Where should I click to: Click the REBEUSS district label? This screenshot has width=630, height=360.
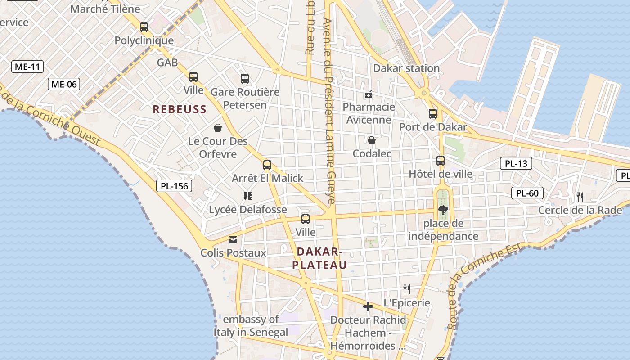coord(180,109)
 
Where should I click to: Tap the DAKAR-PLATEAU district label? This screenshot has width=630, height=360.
coord(319,258)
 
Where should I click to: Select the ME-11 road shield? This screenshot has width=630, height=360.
coord(27,67)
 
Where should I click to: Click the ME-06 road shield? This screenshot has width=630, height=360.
coord(64,84)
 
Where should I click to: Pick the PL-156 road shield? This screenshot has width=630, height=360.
coord(175,185)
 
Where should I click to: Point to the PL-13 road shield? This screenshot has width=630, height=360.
coord(516,164)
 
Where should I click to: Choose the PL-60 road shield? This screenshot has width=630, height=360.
coord(527,193)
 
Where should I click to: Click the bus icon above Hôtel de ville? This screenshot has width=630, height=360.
coord(441,161)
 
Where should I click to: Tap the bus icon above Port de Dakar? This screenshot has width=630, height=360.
coord(433,114)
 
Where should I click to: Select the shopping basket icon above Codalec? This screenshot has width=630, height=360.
coord(372,140)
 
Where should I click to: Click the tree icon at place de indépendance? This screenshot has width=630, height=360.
coord(443,210)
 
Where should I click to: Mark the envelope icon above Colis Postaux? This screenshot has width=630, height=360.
coord(233,239)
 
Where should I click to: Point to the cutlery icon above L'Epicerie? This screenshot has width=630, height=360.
coord(407,289)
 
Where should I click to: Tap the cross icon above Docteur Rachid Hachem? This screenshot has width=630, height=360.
coord(368,306)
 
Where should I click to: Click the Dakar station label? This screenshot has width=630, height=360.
coord(406,68)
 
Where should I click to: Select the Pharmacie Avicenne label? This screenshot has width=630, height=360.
coord(369,113)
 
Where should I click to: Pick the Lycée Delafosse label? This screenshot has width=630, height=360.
coord(247,210)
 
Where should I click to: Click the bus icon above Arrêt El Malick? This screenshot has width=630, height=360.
coord(267,165)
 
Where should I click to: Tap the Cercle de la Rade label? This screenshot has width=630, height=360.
coord(580,210)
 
